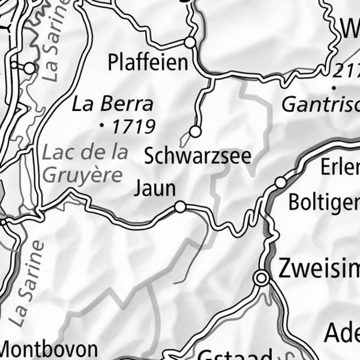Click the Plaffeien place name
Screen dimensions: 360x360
(148, 62)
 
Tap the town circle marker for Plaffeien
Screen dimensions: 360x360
(190, 43)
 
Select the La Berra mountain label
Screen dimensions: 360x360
(112, 104)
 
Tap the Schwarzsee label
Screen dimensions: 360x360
(197, 156)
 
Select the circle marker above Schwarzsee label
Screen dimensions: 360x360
(195, 131)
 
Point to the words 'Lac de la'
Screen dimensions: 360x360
(85, 152)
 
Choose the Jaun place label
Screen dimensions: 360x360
(154, 188)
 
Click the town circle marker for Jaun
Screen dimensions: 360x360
(180, 207)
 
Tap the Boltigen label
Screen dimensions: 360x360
(324, 202)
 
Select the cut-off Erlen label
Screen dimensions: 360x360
(340, 168)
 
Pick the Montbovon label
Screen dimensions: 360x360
(48, 349)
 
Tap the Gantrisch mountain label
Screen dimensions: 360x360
(320, 106)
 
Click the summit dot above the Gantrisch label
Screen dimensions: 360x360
(332, 88)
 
